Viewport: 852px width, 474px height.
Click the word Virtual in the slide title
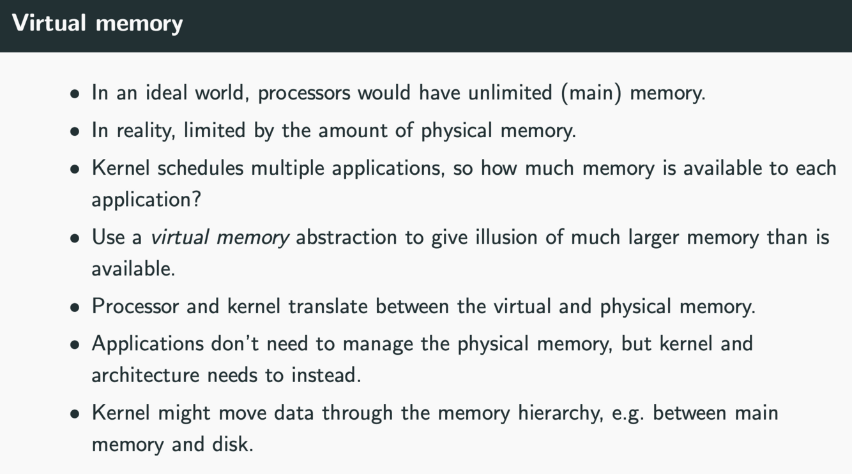[49, 23]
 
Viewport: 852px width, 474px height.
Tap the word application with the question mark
[146, 200]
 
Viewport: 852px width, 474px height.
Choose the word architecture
[146, 375]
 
